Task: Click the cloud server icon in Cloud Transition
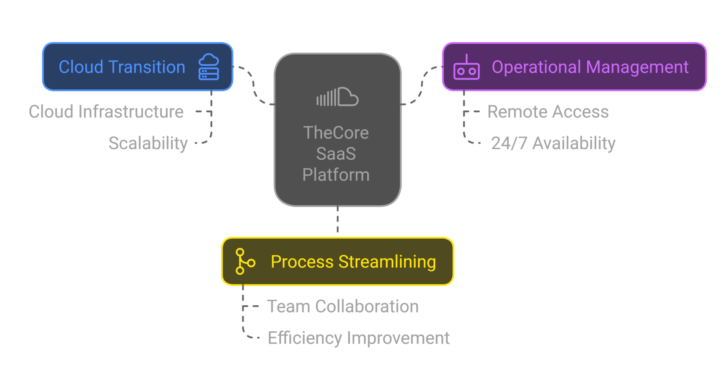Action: tap(209, 67)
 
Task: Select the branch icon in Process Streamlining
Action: tap(245, 261)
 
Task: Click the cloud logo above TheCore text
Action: tap(337, 97)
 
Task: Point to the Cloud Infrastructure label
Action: tap(106, 112)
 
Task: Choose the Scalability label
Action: tap(148, 143)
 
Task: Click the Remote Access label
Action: tap(548, 112)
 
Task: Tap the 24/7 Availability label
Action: tap(553, 143)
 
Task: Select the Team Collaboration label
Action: tap(343, 306)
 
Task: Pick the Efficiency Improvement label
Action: tap(359, 338)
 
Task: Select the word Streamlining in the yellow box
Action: tap(387, 262)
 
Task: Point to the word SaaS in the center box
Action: tap(336, 154)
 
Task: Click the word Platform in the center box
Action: tap(336, 175)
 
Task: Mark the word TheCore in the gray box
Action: tap(336, 133)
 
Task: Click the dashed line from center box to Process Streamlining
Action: tap(338, 222)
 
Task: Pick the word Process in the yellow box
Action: tap(302, 262)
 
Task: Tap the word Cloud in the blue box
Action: tap(81, 67)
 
